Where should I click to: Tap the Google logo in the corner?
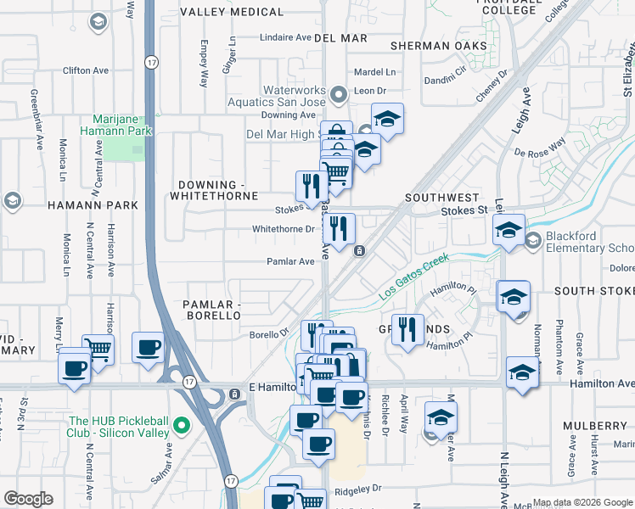28,499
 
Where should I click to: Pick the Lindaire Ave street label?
285,37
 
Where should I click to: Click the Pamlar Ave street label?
290,262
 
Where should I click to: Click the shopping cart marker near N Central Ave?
98,350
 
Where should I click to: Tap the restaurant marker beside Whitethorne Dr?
338,229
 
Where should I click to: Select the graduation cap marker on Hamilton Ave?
522,373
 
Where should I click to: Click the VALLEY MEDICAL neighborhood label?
232,12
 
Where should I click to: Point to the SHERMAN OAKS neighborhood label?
439,46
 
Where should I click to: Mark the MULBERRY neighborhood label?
598,426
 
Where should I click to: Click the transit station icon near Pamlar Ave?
359,250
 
